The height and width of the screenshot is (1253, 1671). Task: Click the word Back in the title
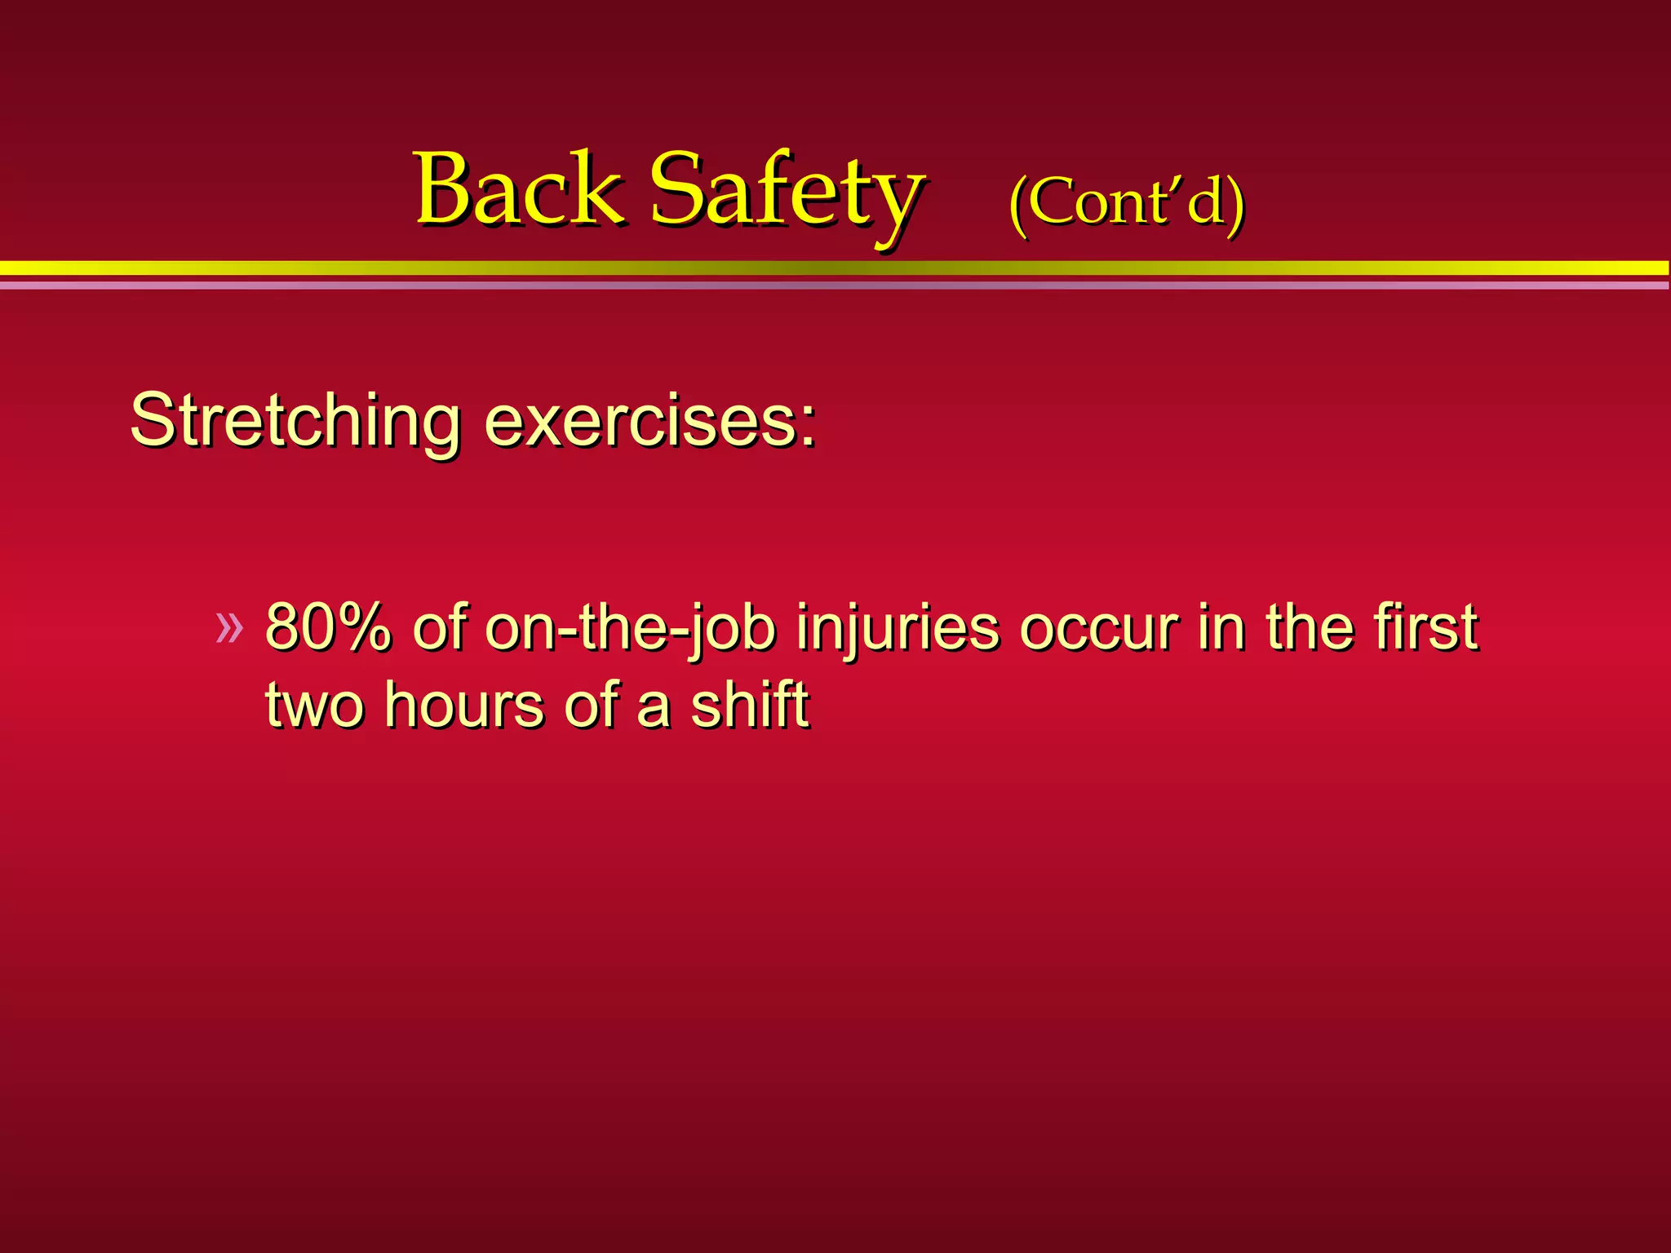[519, 189]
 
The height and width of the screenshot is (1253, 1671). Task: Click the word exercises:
[649, 421]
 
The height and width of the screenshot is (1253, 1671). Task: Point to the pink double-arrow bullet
[229, 628]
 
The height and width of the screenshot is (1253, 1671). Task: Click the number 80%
[328, 628]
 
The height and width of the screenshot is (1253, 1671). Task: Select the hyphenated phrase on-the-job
[629, 628]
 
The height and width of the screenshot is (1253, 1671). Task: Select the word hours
[463, 705]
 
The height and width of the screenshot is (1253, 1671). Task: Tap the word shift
[749, 705]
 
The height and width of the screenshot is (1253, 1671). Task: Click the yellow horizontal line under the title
[835, 268]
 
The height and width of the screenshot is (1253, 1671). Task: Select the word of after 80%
[439, 628]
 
